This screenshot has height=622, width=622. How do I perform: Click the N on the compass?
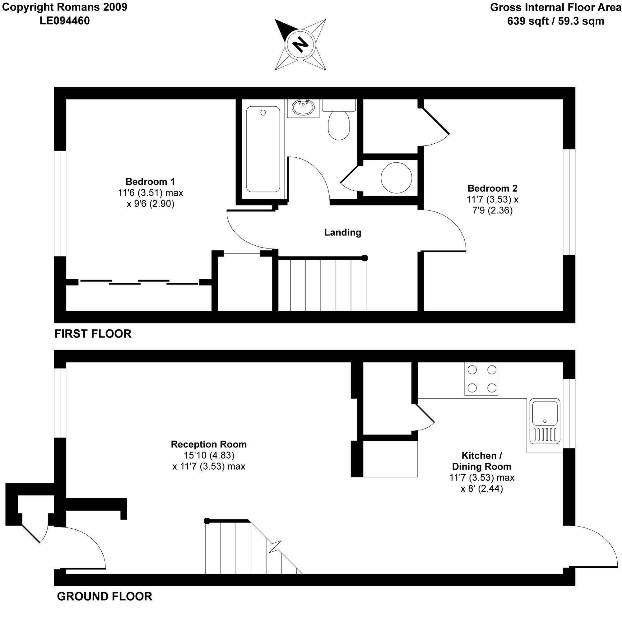pos(300,44)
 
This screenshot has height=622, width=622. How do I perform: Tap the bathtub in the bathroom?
pos(263,149)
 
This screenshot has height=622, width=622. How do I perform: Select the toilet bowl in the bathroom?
pos(339,125)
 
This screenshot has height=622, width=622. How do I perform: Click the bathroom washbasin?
pos(303,108)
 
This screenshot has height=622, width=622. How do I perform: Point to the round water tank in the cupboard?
pos(396,178)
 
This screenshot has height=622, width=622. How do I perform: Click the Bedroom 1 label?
pos(150,182)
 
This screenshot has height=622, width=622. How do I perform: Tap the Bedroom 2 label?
pos(492,188)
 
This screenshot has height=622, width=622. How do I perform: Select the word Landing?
pos(342,232)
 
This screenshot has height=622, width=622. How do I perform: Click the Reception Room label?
pos(209,444)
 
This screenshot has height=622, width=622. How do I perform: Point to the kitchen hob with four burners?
pos(481,379)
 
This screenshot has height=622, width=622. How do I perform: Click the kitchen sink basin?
pos(545,413)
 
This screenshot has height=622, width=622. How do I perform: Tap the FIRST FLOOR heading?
pos(93,334)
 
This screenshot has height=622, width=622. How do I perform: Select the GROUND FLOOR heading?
pos(104,596)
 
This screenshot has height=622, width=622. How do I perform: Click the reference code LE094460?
pos(65,21)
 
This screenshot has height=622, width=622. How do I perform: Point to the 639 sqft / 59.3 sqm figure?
pos(556,21)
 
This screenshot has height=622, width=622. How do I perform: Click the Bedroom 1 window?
pos(60,203)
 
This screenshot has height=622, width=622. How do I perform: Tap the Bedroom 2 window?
pos(569,202)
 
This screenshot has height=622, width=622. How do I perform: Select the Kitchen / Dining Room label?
pos(482,461)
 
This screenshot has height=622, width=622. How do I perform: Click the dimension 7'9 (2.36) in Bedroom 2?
pos(492,210)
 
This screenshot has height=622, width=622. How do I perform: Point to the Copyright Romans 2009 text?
pos(65,7)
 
